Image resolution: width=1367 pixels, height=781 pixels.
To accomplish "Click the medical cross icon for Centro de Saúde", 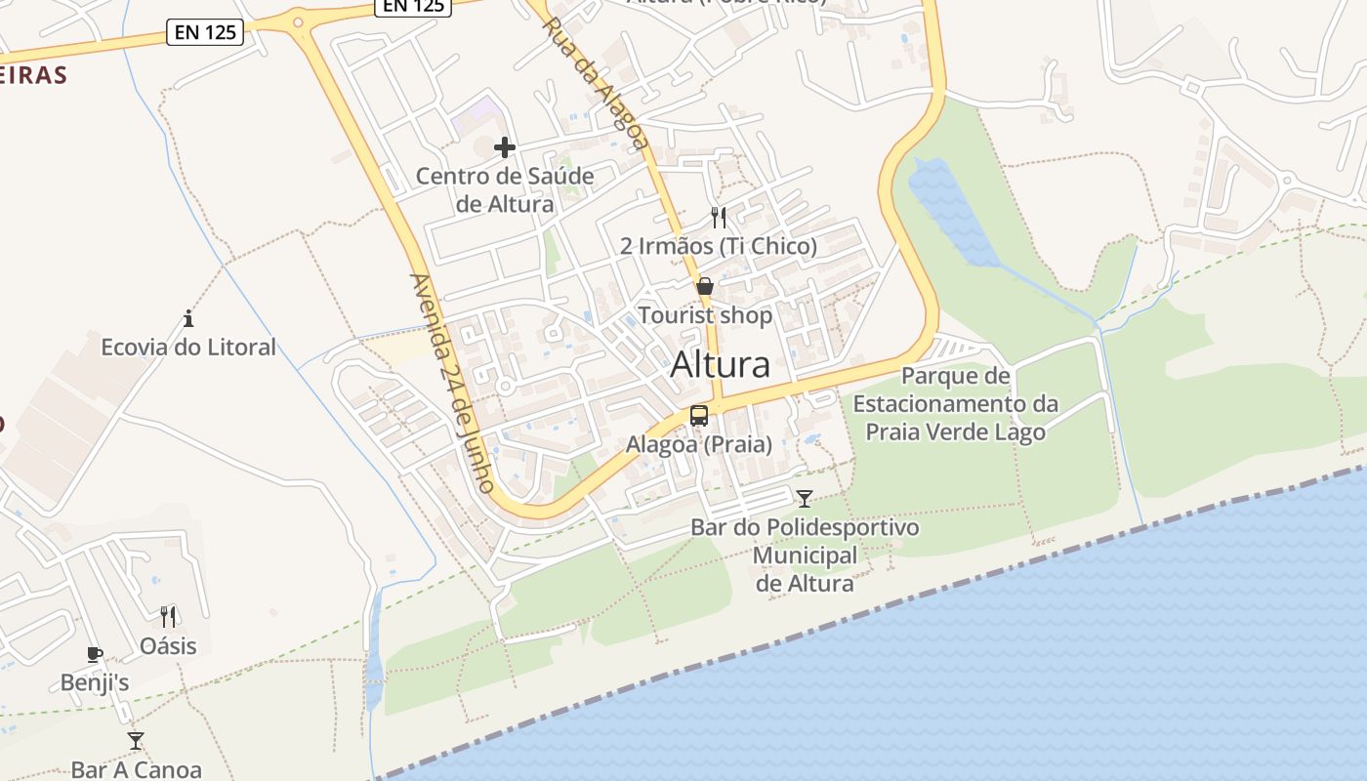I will click(504, 147).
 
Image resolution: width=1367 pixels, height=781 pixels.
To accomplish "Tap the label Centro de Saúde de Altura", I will click(504, 190).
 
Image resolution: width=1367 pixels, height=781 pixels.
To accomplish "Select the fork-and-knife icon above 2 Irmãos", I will click(719, 217).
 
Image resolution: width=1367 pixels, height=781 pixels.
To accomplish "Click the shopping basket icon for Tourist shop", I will click(704, 286).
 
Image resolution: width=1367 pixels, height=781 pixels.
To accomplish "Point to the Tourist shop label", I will click(704, 315).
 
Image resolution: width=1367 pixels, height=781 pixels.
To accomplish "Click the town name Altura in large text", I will click(720, 364).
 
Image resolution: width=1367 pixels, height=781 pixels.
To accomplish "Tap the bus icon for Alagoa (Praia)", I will click(699, 415).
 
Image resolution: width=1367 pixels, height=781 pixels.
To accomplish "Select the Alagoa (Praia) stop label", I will click(699, 444).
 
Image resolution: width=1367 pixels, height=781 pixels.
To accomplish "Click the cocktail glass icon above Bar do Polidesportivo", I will click(804, 499).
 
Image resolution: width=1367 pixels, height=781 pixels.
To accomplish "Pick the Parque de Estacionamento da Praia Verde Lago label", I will click(955, 403).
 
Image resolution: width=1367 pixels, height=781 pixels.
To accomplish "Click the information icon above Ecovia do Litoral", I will click(188, 318).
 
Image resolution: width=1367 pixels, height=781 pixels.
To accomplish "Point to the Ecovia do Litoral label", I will click(188, 347).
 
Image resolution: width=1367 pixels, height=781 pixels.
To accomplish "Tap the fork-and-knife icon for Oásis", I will click(168, 616).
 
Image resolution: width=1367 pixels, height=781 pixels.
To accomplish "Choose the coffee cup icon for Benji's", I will click(94, 654).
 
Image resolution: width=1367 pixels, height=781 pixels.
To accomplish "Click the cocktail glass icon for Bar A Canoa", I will click(136, 741).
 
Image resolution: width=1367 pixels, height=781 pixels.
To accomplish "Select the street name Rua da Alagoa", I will click(596, 83).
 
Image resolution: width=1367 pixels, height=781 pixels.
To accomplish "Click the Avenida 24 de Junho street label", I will click(453, 383).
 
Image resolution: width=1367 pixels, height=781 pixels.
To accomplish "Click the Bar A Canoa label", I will click(136, 769).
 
